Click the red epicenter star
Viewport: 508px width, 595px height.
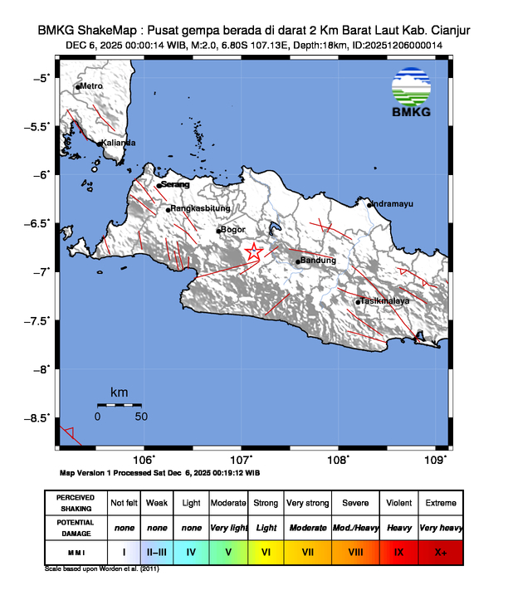coord(254,252)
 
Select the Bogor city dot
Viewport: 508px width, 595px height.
coord(218,231)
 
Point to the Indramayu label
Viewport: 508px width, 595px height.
coord(392,204)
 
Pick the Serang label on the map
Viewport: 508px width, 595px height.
coord(175,184)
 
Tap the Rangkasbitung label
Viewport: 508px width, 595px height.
coord(201,209)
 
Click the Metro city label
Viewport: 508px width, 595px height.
coord(91,86)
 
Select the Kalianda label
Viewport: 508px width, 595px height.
coord(119,143)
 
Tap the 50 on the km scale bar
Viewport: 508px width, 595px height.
coord(141,416)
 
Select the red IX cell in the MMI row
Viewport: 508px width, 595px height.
coord(398,551)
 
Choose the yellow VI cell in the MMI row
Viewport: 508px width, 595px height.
coord(266,551)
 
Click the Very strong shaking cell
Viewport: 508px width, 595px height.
coord(308,503)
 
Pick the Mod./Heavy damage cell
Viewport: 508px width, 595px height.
coord(356,527)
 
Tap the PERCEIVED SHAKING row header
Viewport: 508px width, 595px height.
coord(76,503)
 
